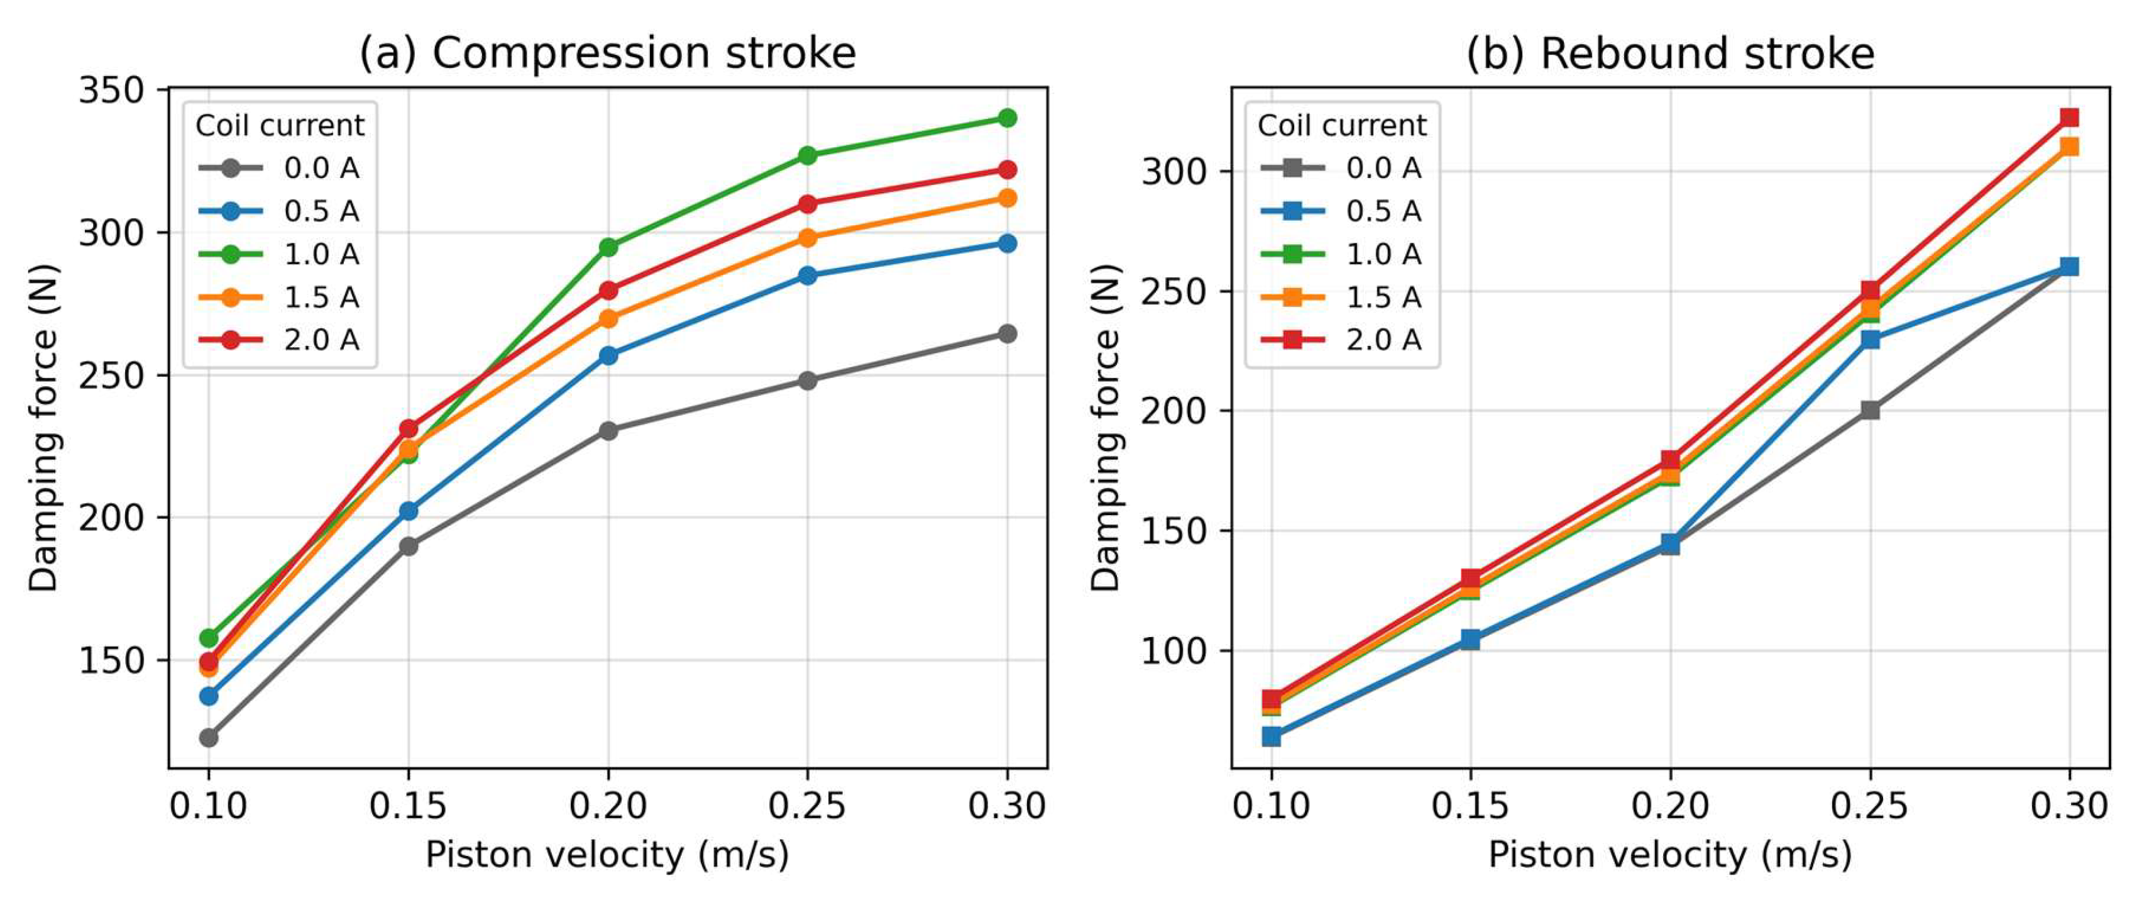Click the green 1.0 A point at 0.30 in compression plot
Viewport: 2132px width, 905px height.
tap(1008, 118)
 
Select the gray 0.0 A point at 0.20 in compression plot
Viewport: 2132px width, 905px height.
tap(608, 431)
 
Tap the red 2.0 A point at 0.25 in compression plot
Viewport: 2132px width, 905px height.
tap(808, 204)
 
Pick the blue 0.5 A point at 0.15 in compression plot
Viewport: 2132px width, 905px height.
tap(409, 511)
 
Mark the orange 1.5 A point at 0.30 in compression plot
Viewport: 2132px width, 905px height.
tap(1008, 198)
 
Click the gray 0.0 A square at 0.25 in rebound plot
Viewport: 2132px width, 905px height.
tap(1871, 410)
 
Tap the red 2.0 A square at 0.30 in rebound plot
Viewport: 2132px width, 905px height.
tap(2070, 118)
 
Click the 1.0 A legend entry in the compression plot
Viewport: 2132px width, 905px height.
tap(279, 254)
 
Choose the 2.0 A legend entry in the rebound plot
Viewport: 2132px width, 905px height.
tap(1341, 340)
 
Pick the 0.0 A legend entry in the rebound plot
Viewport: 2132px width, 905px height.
tap(1341, 168)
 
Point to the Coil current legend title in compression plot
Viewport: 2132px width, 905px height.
tap(280, 125)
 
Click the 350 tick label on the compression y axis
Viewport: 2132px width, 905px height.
tap(113, 89)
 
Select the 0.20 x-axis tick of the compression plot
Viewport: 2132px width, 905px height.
tap(608, 806)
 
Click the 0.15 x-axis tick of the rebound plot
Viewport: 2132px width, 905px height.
tap(1471, 806)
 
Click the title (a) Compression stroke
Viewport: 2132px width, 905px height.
tap(608, 53)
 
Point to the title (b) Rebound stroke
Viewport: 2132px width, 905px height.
tap(1670, 53)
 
